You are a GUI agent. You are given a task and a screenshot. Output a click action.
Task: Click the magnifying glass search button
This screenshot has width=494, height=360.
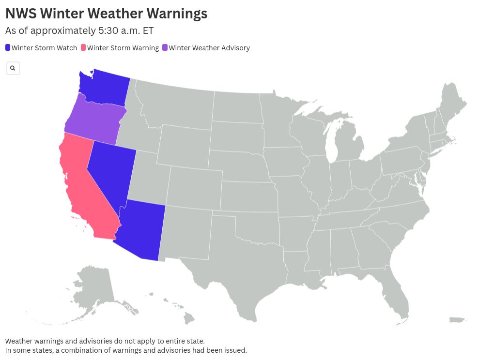coord(13,68)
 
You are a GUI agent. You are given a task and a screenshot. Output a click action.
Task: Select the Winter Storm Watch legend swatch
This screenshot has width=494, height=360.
coord(8,48)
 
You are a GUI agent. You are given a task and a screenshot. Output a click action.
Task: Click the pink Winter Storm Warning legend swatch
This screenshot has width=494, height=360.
coord(83,48)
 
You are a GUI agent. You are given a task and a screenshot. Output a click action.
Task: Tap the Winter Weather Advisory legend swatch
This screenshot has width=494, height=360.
coord(165,48)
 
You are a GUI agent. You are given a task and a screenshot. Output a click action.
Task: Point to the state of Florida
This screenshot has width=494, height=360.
coord(397,300)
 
